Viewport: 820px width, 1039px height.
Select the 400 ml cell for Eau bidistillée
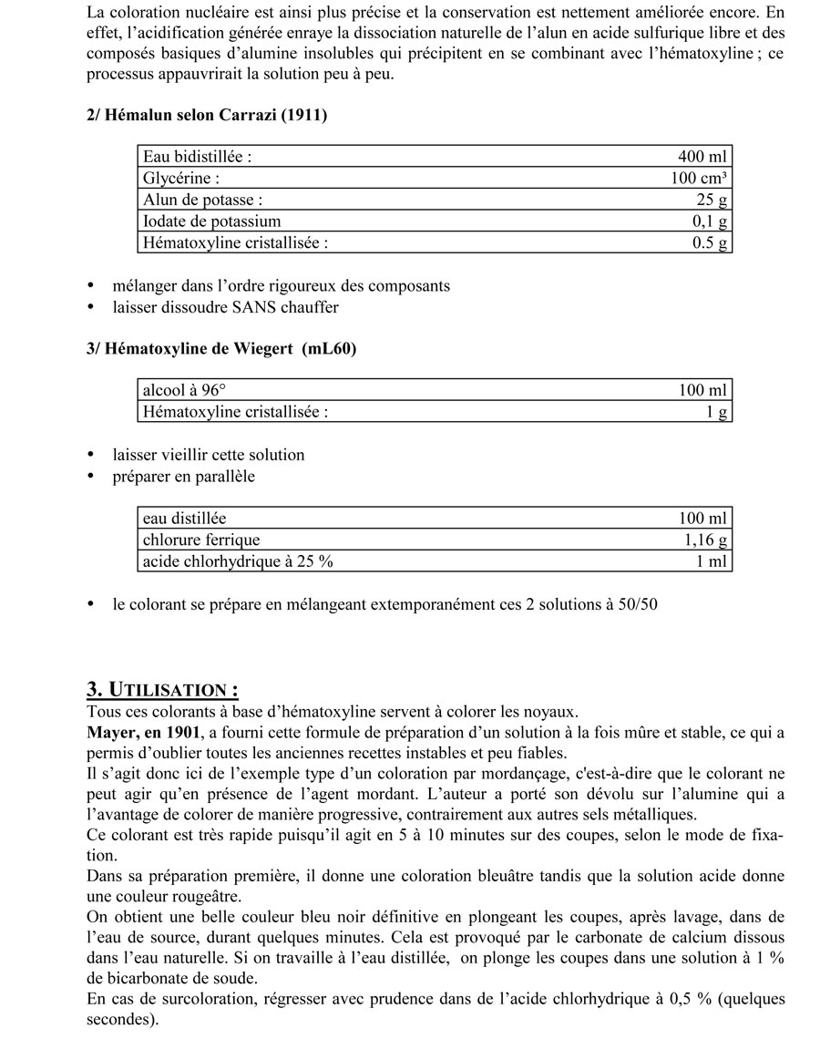point(703,156)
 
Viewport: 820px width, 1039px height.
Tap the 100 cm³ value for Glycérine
point(699,178)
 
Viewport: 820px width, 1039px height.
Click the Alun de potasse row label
point(202,200)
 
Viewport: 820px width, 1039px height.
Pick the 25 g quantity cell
point(712,200)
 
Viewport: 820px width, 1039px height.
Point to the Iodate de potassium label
point(211,221)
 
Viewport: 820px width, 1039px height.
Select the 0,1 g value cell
point(710,221)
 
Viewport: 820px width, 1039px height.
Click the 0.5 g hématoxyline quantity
point(710,243)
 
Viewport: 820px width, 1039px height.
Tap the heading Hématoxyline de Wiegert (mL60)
point(221,350)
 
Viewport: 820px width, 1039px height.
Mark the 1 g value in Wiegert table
point(717,412)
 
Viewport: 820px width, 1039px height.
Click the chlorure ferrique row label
point(200,540)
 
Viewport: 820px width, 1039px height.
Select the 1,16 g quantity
point(706,540)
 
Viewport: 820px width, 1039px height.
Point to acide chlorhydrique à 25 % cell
point(238,561)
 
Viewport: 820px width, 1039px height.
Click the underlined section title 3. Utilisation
point(163,690)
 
